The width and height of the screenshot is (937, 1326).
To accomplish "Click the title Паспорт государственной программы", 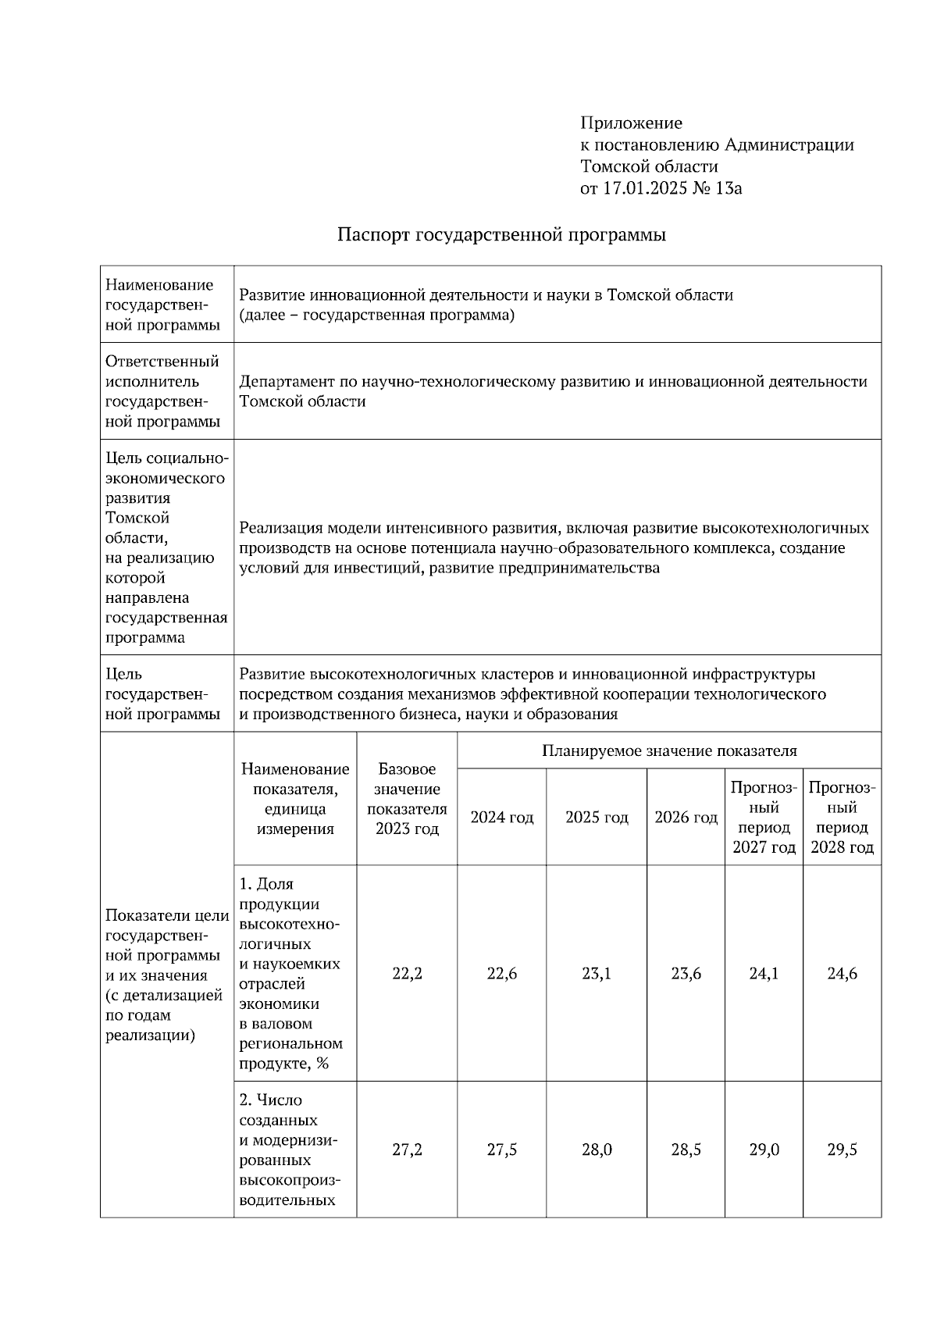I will (501, 235).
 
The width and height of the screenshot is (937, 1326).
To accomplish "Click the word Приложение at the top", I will (631, 123).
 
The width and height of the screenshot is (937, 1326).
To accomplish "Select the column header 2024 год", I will (501, 818).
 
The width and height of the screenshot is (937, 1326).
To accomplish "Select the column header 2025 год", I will (597, 818).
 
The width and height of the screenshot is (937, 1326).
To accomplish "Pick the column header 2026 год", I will (686, 818).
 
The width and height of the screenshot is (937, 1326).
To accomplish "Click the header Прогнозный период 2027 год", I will (764, 818).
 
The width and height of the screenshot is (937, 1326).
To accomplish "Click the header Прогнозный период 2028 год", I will (842, 818).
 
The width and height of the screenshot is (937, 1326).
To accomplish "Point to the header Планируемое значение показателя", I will (669, 751).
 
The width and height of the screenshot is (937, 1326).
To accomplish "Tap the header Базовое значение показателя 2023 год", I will (407, 799).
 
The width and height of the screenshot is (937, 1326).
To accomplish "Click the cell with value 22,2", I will (407, 974).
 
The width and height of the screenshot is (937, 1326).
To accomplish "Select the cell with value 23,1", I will (597, 974).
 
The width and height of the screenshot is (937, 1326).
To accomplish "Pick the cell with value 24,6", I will (842, 974).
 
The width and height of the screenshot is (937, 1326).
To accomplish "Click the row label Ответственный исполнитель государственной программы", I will (162, 391).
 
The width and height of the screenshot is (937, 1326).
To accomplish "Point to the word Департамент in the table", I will (287, 382).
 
